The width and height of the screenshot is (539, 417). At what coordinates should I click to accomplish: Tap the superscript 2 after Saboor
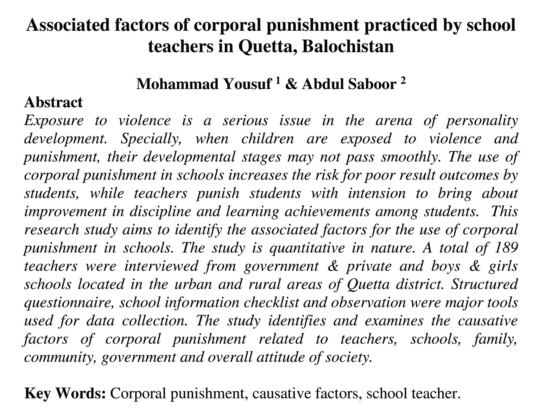tap(403, 81)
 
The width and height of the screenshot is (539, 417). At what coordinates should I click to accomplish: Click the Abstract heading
tap(54, 102)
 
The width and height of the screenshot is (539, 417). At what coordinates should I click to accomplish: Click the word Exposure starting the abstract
tap(54, 121)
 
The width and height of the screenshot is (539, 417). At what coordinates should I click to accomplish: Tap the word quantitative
tap(307, 248)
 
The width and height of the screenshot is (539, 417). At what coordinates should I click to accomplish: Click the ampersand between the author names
tap(290, 84)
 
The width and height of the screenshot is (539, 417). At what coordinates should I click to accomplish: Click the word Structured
tap(484, 284)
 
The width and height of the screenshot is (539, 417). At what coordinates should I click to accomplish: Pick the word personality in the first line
tap(482, 121)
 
